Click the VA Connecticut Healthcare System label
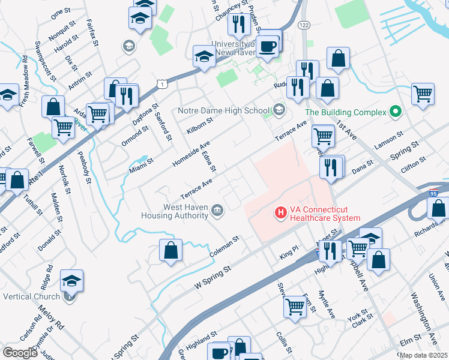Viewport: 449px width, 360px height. click(x=325, y=214)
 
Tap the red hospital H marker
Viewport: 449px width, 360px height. click(x=279, y=212)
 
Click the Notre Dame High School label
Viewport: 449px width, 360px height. click(x=224, y=110)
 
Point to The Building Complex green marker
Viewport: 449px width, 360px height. click(x=395, y=111)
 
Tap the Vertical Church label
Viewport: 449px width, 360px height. click(x=31, y=296)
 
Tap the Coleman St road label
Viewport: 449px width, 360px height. click(x=224, y=246)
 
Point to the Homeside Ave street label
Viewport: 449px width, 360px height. click(x=191, y=155)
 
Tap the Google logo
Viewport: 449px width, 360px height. click(x=20, y=353)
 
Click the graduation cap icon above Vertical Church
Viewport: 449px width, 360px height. click(x=72, y=281)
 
